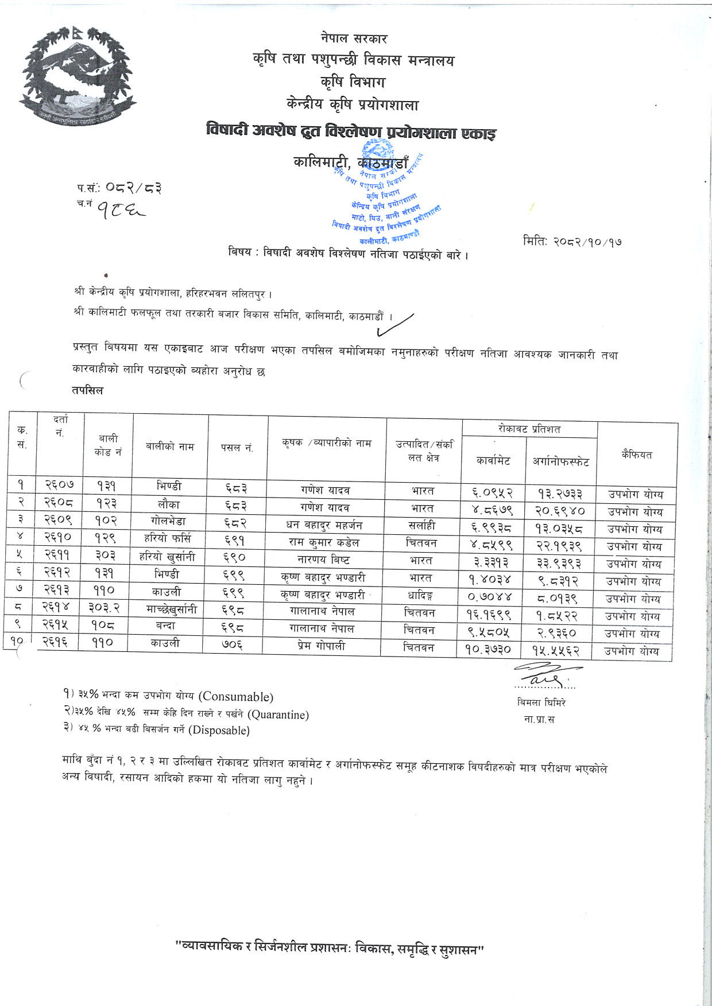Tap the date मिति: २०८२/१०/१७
572,242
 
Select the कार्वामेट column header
493,460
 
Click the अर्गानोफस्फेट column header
560,461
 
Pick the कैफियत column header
636,455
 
